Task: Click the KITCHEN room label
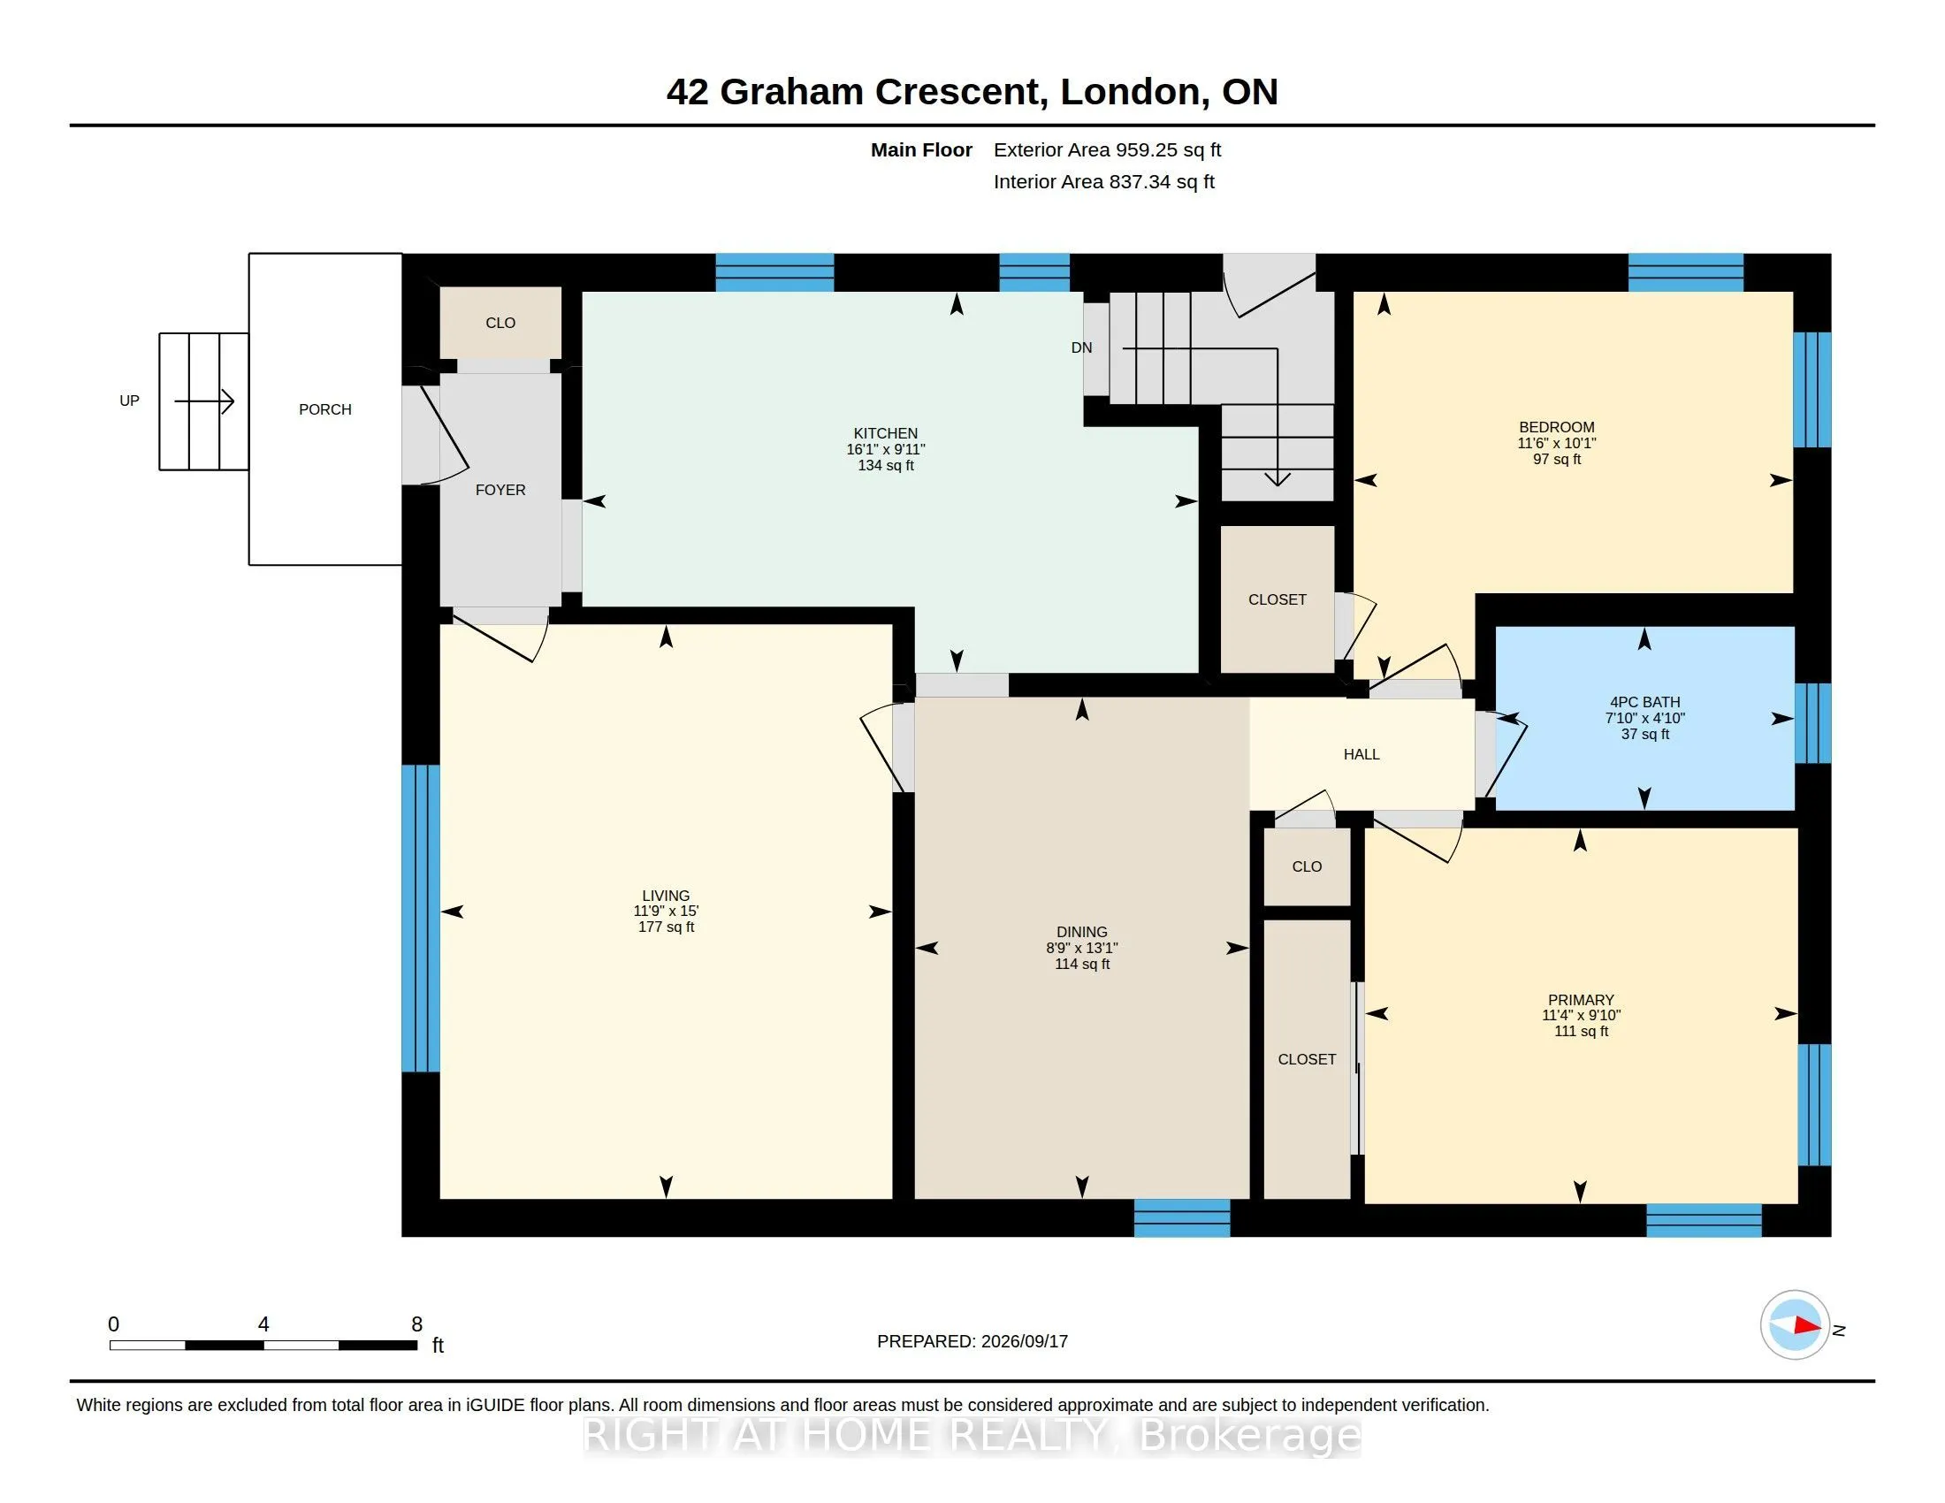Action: click(885, 433)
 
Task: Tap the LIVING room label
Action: click(666, 896)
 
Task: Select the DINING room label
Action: click(1082, 932)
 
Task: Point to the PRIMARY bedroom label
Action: click(1581, 1000)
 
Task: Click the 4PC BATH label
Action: click(1645, 703)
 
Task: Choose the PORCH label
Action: click(325, 409)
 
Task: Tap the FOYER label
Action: click(500, 490)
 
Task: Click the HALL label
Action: click(1361, 754)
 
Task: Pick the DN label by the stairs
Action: click(1081, 347)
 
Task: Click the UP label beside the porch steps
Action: click(129, 401)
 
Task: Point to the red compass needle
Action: click(1807, 1325)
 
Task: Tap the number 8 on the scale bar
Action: click(416, 1324)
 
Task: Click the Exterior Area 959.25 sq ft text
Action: click(1107, 149)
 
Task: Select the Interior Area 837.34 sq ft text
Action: click(1103, 181)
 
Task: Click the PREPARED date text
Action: click(972, 1341)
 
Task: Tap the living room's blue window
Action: click(420, 918)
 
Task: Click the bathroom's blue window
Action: click(1812, 723)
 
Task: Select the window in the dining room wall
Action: click(1182, 1217)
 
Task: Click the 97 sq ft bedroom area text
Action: click(1557, 460)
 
